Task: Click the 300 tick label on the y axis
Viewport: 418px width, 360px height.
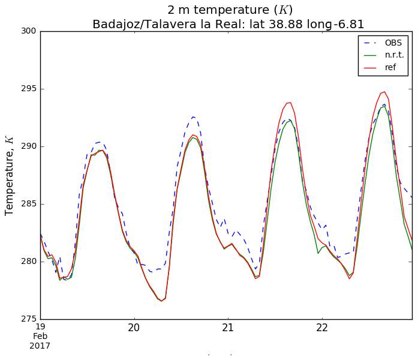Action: [28, 31]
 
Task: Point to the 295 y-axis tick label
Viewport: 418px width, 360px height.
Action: [28, 89]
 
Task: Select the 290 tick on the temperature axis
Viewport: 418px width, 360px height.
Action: [28, 146]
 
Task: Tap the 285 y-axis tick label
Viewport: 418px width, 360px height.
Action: [28, 204]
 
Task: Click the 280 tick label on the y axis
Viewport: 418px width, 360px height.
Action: [28, 262]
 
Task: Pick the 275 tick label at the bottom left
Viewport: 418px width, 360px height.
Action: [28, 319]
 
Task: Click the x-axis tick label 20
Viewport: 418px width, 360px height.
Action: [134, 328]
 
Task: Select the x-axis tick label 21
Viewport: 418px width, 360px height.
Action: [228, 328]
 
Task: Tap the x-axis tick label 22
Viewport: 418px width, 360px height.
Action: [322, 328]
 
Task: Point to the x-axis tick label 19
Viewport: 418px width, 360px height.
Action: [41, 328]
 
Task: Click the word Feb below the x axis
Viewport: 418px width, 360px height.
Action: [41, 337]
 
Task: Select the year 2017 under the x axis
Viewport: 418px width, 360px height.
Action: [41, 346]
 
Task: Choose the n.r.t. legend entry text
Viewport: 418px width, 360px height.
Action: [395, 55]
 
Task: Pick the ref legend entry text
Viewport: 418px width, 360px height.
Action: [390, 67]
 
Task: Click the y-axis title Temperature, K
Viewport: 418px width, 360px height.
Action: [10, 175]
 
